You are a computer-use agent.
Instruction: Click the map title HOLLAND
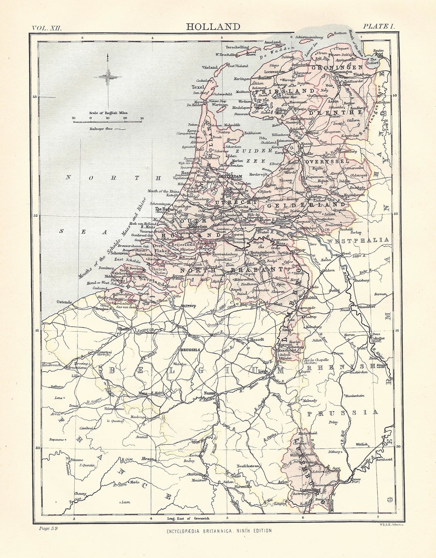pyautogui.click(x=213, y=27)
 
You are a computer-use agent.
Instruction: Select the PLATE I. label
pyautogui.click(x=378, y=26)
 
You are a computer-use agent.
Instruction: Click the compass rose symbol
pyautogui.click(x=107, y=76)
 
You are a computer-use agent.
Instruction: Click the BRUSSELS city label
pyautogui.click(x=191, y=350)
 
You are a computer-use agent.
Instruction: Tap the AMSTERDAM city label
pyautogui.click(x=231, y=176)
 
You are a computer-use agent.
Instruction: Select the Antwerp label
pyautogui.click(x=188, y=306)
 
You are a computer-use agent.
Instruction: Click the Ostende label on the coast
pyautogui.click(x=64, y=302)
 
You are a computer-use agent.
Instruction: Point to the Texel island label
pyautogui.click(x=198, y=87)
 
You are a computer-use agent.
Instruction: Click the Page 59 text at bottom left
pyautogui.click(x=48, y=528)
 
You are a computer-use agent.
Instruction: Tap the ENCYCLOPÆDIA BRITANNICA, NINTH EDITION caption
pyautogui.click(x=219, y=531)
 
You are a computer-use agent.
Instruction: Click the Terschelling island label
pyautogui.click(x=237, y=47)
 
